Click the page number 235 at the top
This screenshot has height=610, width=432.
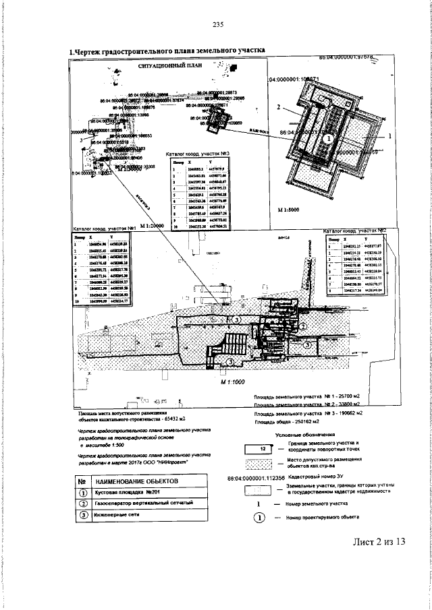coord(217,26)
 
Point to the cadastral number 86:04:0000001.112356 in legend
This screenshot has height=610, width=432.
coord(261,479)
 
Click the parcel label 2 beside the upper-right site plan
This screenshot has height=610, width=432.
coord(278,106)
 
